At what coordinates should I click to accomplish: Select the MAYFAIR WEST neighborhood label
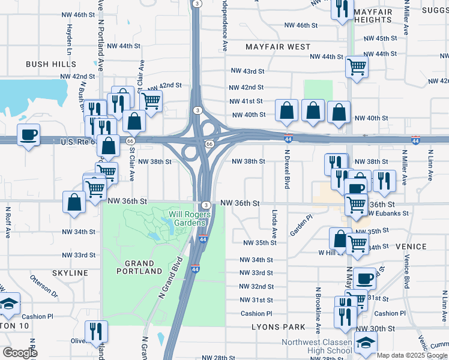(279, 46)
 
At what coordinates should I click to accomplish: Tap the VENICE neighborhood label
(411, 247)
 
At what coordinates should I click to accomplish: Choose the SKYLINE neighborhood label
(70, 273)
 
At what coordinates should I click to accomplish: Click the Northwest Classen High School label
(318, 347)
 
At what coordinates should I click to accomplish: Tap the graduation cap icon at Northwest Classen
(364, 343)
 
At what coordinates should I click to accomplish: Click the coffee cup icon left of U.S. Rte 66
(28, 135)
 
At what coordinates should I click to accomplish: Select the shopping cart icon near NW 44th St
(357, 67)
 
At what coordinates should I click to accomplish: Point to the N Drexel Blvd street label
(287, 169)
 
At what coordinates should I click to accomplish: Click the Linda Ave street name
(274, 221)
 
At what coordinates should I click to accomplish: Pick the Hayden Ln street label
(69, 37)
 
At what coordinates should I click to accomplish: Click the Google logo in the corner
(20, 352)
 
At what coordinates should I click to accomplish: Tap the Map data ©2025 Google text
(412, 355)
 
